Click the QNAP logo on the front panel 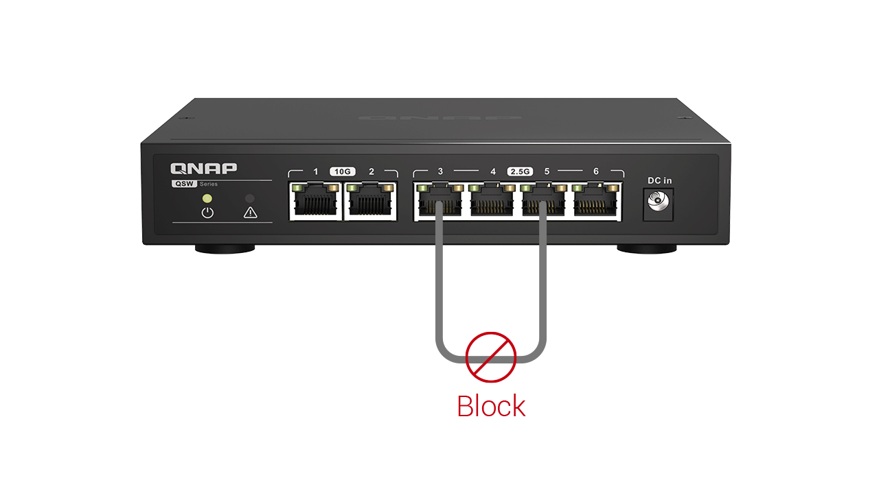pos(203,169)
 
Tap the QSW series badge pos(185,184)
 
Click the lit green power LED pos(207,198)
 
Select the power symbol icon pos(207,213)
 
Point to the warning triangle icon pos(250,213)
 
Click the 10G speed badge pos(343,171)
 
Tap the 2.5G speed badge pos(520,171)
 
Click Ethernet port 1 pos(315,201)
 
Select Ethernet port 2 pos(370,201)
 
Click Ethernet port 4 pos(492,201)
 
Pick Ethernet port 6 pos(595,201)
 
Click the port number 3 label pos(440,171)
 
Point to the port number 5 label pos(547,171)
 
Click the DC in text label pos(659,180)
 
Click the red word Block pos(491,406)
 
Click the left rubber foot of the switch pos(225,249)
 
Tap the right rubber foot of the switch pos(647,249)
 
